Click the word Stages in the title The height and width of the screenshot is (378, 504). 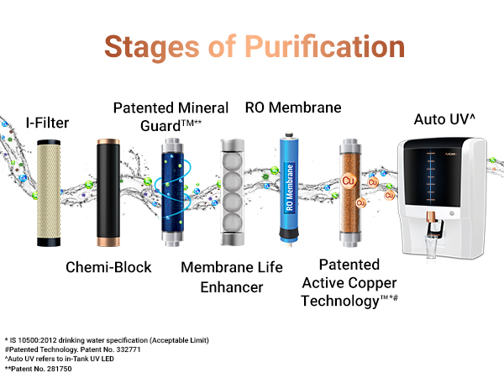tap(147, 46)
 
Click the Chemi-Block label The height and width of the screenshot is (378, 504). tap(109, 267)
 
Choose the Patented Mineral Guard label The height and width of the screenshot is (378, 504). tap(171, 116)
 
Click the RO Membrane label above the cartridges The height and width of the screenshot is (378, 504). tap(293, 108)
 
